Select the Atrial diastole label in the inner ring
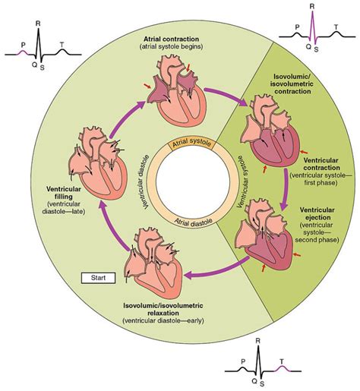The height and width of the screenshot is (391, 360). point(179,221)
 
